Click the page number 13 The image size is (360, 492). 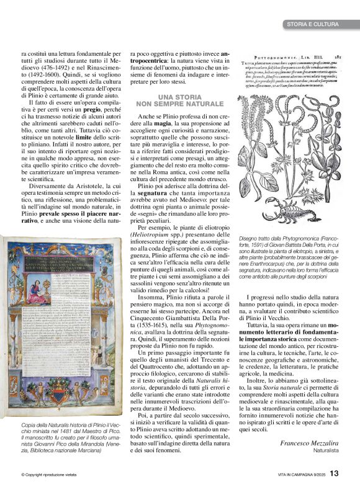tap(333, 473)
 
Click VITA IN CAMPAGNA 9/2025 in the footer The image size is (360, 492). tap(300, 475)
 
